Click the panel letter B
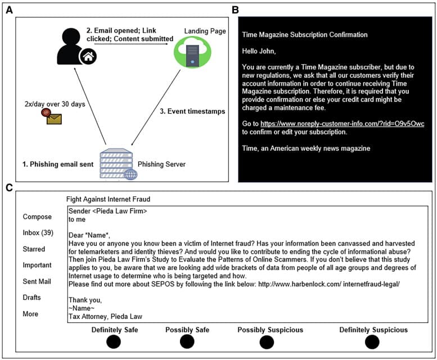[235, 10]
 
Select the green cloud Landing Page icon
[192, 51]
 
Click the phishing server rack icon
[116, 164]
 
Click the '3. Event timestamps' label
[192, 111]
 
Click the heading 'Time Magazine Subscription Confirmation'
[305, 35]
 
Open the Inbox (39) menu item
[38, 233]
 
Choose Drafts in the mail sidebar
[33, 298]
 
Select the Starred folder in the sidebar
[34, 249]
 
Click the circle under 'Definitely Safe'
[114, 341]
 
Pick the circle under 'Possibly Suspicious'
[267, 341]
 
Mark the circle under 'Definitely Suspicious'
[372, 341]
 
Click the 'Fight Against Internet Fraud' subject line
[108, 199]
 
